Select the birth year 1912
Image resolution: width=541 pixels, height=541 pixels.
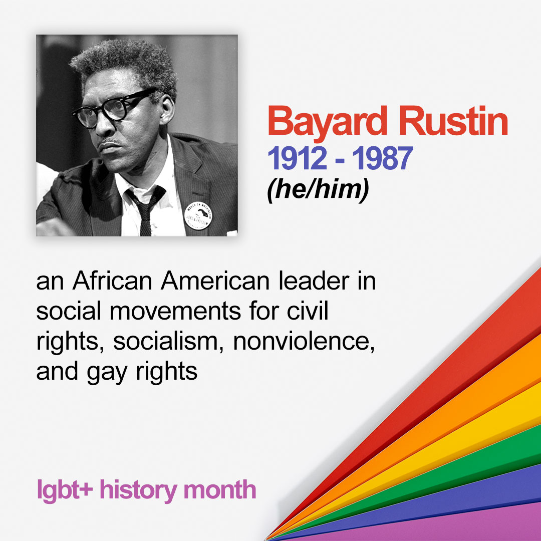[x=297, y=158]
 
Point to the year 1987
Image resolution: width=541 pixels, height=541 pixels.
[x=382, y=158]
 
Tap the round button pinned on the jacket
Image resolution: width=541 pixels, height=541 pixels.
[x=198, y=216]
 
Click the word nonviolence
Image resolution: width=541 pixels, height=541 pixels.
[x=304, y=341]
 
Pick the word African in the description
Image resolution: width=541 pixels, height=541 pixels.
[x=112, y=281]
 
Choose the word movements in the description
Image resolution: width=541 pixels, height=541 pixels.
[x=175, y=311]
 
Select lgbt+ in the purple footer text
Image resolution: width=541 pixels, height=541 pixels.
[x=65, y=490]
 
